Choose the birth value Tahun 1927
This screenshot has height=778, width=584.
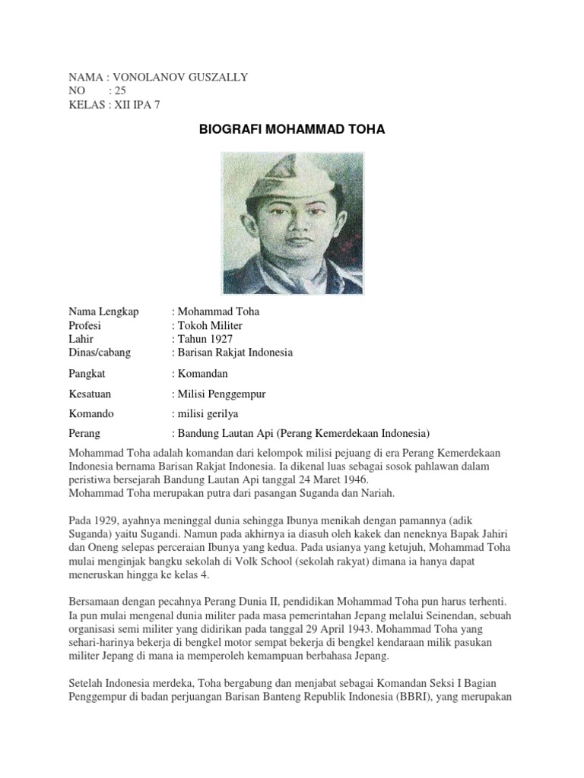[205, 339]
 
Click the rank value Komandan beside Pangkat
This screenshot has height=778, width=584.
[202, 374]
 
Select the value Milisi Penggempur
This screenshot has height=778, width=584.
[221, 394]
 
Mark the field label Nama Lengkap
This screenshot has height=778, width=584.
[103, 312]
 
